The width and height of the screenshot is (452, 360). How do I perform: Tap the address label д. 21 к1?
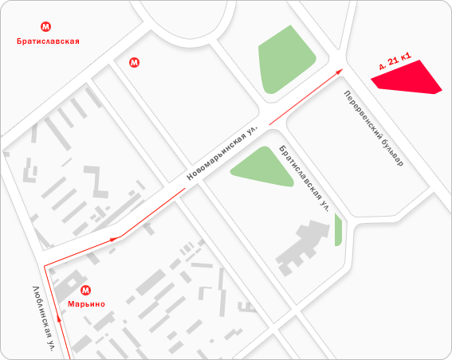click(395, 62)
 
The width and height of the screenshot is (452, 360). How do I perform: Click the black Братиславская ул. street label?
click(305, 178)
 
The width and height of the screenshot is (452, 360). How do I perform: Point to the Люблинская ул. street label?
click(43, 319)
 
